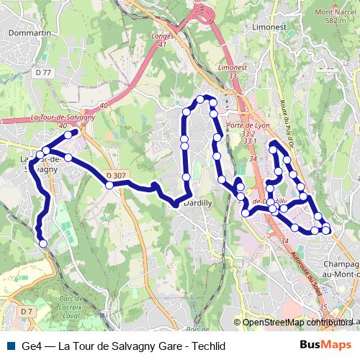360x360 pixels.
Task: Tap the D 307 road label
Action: point(114,176)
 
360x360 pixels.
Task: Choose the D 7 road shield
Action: point(27,311)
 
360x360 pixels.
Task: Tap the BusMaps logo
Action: point(326,346)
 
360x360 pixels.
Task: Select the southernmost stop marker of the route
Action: point(42,243)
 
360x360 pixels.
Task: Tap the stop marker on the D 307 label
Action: point(109,185)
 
